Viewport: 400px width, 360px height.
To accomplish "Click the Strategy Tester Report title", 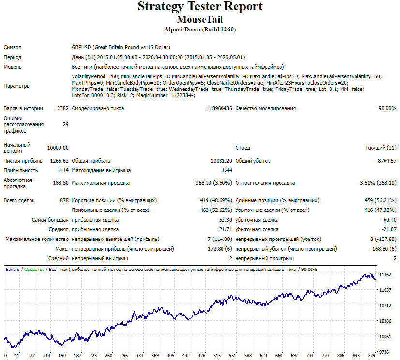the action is pos(200,7).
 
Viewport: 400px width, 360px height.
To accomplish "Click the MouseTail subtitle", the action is pos(200,20).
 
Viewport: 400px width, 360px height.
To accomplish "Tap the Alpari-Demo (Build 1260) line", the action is pos(200,30).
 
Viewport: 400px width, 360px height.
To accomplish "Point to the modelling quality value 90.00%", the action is pos(387,109).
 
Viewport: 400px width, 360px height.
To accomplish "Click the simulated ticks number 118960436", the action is pos(220,109).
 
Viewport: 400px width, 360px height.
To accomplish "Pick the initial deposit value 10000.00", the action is pos(58,148).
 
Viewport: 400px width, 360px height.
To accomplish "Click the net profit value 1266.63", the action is pos(59,161).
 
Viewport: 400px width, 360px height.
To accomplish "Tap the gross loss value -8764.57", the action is pos(386,161).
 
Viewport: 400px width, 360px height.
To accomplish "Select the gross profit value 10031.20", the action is pos(222,161).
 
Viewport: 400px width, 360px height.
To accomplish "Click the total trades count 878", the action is pos(64,200).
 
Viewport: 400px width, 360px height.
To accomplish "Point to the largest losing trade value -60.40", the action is pos(389,220).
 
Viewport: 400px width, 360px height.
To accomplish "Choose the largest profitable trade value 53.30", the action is pos(225,220).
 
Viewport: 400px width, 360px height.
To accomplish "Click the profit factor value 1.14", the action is pos(63,170).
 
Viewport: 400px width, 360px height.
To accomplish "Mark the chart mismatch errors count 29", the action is pos(66,124).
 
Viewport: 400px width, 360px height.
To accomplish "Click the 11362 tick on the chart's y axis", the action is pos(385,275).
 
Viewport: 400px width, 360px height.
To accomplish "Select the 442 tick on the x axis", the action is pos(186,356).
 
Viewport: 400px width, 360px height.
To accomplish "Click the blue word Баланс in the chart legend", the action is pos(13,270).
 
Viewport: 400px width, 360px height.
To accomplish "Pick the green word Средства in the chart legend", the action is pos(34,270).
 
